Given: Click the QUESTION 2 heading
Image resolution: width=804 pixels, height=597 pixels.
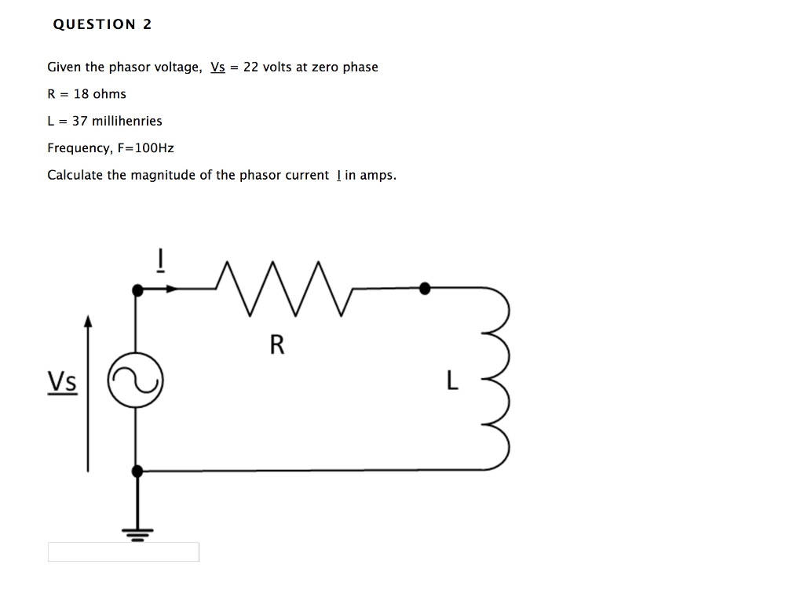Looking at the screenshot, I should click(x=102, y=24).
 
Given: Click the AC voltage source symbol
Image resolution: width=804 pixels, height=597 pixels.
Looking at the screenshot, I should click(x=135, y=380).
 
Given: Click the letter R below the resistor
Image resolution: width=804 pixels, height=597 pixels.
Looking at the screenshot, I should click(x=276, y=344).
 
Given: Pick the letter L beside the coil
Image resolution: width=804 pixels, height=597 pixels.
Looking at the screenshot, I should click(x=451, y=381).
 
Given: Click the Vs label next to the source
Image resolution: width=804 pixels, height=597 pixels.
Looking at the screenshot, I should click(x=62, y=382).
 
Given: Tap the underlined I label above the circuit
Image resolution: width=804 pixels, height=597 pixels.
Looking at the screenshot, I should click(x=159, y=260).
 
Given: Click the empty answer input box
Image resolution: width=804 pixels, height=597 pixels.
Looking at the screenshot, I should click(x=123, y=552).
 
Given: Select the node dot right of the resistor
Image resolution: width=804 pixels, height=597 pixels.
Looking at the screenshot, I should click(x=425, y=289).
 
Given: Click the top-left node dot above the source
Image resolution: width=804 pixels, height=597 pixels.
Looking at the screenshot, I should click(x=137, y=290).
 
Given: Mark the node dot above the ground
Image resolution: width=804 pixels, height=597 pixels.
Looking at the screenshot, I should click(x=137, y=471).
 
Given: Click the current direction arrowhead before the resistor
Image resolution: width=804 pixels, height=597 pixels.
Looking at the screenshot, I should click(x=171, y=289).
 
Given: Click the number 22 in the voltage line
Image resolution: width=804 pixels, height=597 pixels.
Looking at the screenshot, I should click(x=251, y=67).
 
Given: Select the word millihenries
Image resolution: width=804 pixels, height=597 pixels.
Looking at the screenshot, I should click(x=127, y=121).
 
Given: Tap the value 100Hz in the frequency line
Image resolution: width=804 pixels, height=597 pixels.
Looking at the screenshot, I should click(x=155, y=147).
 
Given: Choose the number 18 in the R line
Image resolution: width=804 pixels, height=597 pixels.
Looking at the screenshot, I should click(x=82, y=94).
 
